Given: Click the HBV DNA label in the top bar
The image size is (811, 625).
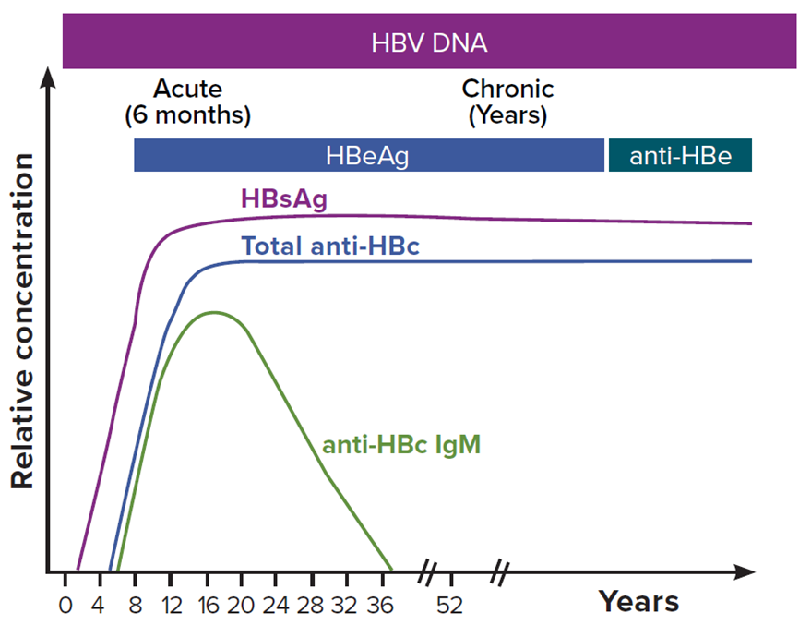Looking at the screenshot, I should point(429,42).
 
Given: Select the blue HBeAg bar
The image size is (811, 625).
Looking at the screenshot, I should point(368,155).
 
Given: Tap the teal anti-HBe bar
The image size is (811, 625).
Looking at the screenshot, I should point(680,155).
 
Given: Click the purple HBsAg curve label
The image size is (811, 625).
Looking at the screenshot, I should point(283,199).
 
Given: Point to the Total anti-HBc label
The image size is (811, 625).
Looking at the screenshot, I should point(330,246).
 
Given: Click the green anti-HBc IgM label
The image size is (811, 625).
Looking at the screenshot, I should point(401,445).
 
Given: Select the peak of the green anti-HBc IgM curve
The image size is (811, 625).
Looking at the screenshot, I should point(213,312).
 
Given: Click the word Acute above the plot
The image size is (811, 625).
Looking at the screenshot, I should point(187,90).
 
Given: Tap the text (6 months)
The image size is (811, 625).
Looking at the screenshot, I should point(187,116).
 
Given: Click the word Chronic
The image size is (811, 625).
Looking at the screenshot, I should point(507,90).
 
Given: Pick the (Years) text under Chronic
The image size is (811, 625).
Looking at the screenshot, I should point(507,116).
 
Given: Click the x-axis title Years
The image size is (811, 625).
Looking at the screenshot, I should point(638,602).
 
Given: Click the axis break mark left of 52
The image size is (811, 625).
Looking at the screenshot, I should point(426,573).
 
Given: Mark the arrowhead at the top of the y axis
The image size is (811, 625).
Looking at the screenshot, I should point(51,77).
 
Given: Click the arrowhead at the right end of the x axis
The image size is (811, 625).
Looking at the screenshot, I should point(745,573).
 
